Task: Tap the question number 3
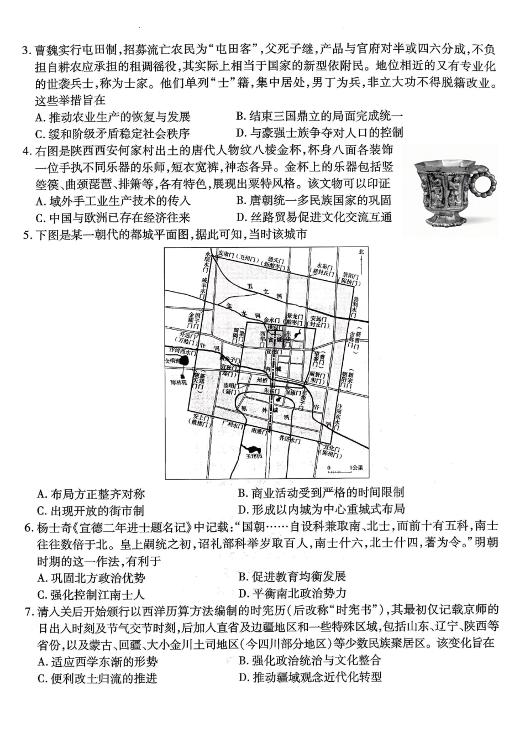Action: (25, 50)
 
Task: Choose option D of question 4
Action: (314, 217)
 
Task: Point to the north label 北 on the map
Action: (361, 252)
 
